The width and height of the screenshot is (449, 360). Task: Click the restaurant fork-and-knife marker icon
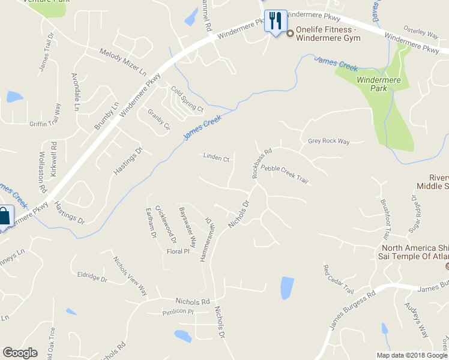point(276,21)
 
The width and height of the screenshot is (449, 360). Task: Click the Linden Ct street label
point(217,159)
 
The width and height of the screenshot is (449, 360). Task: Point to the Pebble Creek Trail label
point(285,175)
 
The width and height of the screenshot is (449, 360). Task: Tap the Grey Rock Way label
point(328,142)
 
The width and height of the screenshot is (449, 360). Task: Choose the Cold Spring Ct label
point(188,100)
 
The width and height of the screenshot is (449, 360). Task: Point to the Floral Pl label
point(178,251)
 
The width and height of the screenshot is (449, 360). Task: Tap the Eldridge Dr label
point(92,277)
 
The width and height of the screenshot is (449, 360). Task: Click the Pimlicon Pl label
point(178,312)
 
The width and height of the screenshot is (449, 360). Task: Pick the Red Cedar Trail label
point(339,280)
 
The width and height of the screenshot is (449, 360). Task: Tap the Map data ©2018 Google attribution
point(412,355)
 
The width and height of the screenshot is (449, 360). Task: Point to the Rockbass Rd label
point(262,163)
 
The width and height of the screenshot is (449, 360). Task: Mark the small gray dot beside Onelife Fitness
point(290,34)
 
